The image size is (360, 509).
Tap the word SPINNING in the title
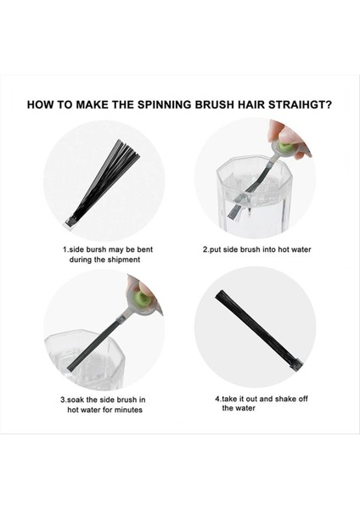[x=164, y=105]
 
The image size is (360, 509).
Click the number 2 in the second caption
[x=205, y=249]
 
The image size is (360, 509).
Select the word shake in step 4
[x=284, y=399]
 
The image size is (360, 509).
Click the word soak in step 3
[x=75, y=400]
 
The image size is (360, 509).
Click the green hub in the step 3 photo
[x=141, y=297]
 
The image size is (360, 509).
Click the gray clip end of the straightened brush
[x=298, y=363]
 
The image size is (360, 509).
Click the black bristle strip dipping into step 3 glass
[x=93, y=345]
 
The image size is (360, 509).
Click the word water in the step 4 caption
[x=246, y=408]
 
